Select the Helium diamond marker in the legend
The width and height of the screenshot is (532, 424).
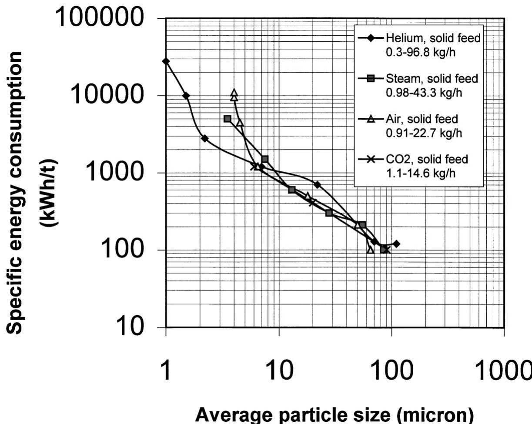point(371,38)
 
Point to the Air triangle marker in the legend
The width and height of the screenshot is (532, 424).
point(371,118)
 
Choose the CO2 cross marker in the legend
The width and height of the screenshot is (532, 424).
point(371,159)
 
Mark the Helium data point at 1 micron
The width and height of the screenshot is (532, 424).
point(166,61)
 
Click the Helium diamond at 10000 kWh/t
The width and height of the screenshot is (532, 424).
point(186,96)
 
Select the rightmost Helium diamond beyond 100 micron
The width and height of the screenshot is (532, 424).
point(396,244)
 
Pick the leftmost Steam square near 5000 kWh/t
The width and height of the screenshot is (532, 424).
point(228,119)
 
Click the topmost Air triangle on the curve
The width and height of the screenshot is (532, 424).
point(234,93)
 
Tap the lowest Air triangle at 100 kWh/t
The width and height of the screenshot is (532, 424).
point(371,250)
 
